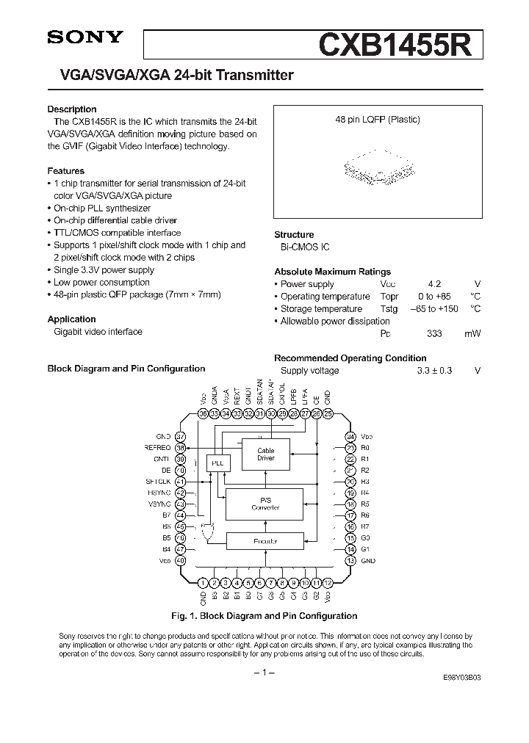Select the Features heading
(65, 170)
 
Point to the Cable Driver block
(265, 454)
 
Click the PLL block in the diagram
(218, 463)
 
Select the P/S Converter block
(265, 504)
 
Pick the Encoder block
(265, 542)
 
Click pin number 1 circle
(203, 582)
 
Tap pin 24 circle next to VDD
(350, 435)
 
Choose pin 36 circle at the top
(203, 414)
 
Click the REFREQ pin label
(158, 447)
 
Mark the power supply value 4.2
(433, 284)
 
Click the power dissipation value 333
(433, 333)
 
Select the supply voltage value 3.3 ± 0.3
(433, 371)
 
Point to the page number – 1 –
(264, 673)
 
